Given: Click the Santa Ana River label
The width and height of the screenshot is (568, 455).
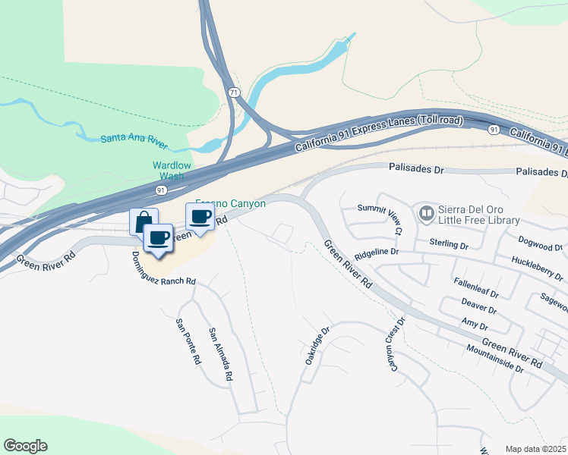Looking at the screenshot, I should pyautogui.click(x=134, y=139).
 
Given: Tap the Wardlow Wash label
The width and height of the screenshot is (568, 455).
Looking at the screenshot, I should pyautogui.click(x=172, y=171).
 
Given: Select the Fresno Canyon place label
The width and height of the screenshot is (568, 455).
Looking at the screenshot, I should pyautogui.click(x=231, y=203).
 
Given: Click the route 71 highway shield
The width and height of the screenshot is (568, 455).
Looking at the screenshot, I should pyautogui.click(x=234, y=92).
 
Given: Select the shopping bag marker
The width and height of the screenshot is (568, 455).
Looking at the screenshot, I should pyautogui.click(x=144, y=221).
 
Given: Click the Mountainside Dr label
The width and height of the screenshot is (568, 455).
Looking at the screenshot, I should pyautogui.click(x=495, y=359).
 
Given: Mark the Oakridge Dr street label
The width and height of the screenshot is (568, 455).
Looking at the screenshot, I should pyautogui.click(x=319, y=346).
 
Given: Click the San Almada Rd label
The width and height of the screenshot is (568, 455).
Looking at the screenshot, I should pyautogui.click(x=220, y=354).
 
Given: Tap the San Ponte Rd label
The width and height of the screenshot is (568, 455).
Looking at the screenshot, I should pyautogui.click(x=188, y=342).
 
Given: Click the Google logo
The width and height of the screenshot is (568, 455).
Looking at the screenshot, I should pyautogui.click(x=25, y=446).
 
